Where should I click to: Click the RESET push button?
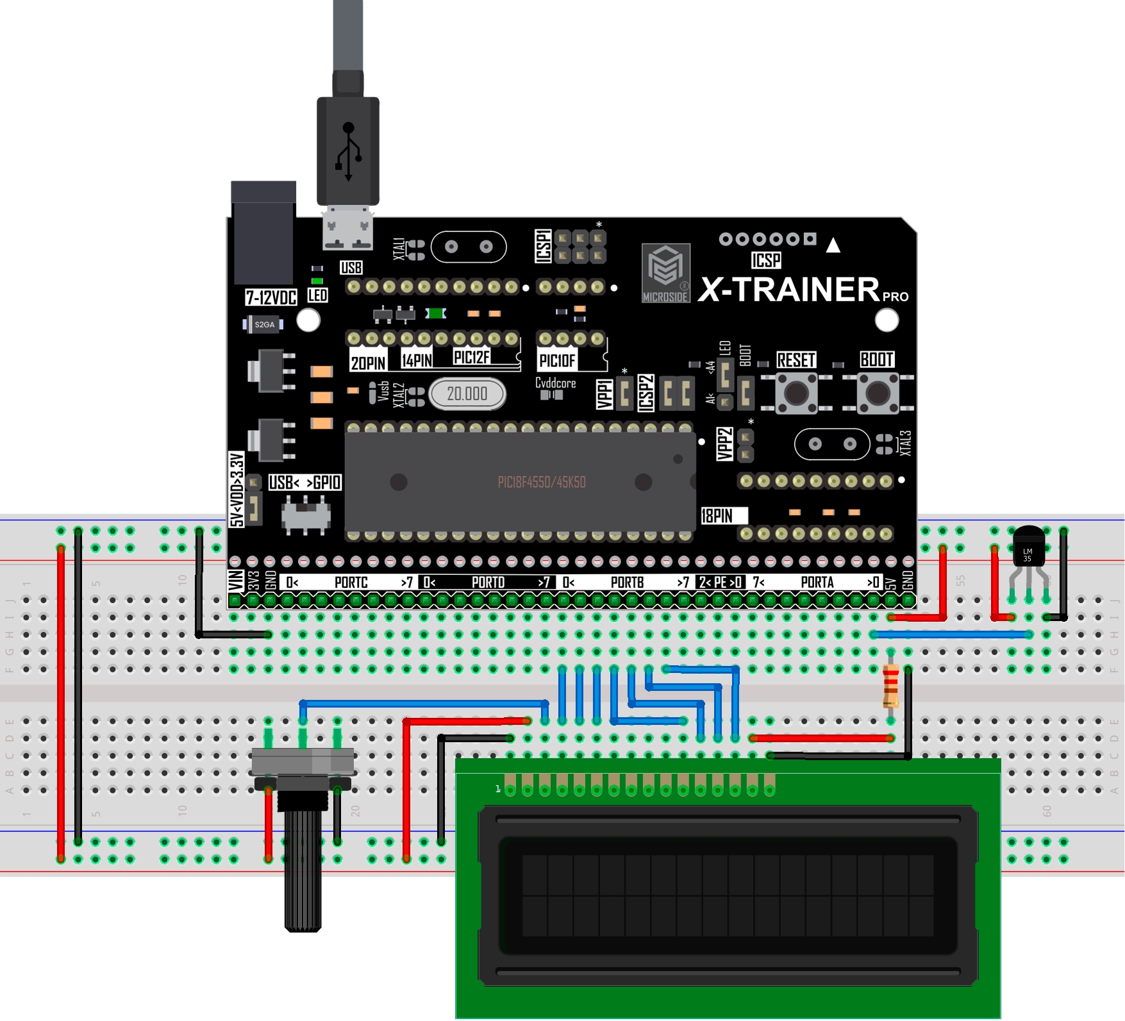[x=796, y=394]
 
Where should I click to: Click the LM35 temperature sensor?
[x=1028, y=547]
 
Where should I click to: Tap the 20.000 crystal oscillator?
[x=467, y=394]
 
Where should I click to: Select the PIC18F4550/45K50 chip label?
[x=542, y=482]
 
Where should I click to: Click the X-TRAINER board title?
[x=789, y=290]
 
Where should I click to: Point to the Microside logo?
[x=666, y=272]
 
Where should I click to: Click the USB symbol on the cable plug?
[x=348, y=151]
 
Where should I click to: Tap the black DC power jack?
[x=263, y=234]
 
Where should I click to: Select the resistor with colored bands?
[x=890, y=686]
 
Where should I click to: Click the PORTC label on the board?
[x=351, y=583]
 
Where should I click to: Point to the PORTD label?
[x=488, y=583]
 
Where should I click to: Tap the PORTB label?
[x=627, y=583]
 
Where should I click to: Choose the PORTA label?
[x=817, y=583]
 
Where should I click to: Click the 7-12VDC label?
[x=271, y=297]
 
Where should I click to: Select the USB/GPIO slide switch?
[x=306, y=515]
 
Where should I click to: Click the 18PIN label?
[x=717, y=516]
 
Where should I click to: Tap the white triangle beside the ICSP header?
[x=833, y=245]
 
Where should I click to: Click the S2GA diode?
[x=263, y=324]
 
